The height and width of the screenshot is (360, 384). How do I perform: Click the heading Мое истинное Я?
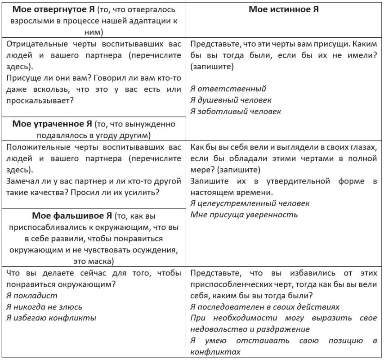click(x=283, y=9)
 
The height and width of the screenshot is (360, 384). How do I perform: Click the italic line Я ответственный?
click(x=228, y=89)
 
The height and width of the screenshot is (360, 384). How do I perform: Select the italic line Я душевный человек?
click(x=231, y=100)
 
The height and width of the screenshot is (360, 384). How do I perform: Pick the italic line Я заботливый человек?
click(x=236, y=111)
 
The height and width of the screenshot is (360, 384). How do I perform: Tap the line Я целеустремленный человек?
click(x=250, y=203)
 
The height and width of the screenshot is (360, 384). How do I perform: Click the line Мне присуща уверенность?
click(x=244, y=215)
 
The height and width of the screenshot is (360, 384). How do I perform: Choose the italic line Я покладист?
click(x=32, y=296)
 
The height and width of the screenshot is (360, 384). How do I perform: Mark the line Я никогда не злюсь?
click(x=44, y=307)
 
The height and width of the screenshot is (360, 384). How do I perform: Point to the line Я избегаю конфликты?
click(x=51, y=318)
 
